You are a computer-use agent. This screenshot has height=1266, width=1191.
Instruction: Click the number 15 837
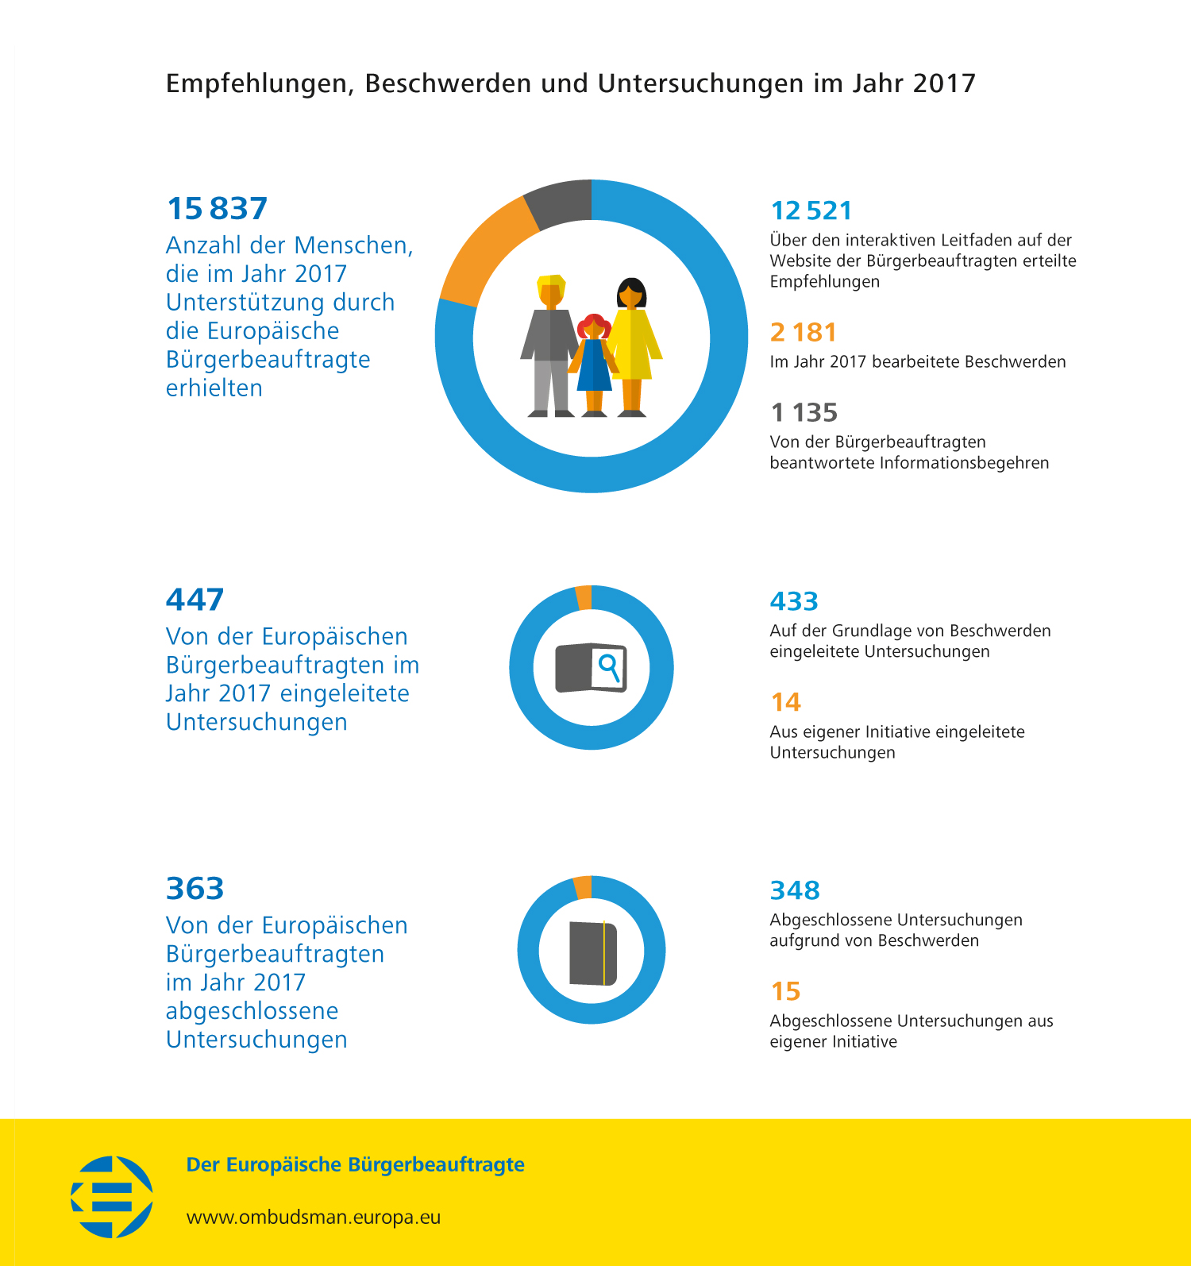(x=217, y=209)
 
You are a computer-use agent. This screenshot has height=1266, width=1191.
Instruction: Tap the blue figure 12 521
(x=811, y=210)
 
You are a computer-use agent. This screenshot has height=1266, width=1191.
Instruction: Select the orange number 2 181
(x=803, y=332)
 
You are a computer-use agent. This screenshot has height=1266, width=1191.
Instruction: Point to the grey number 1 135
(x=804, y=413)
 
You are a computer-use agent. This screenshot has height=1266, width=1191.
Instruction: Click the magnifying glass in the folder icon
(x=609, y=666)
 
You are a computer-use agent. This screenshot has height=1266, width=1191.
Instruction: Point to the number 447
(x=195, y=600)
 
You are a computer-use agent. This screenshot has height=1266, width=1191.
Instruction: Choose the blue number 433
(x=793, y=601)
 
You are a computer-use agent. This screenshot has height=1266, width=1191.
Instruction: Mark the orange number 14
(x=785, y=702)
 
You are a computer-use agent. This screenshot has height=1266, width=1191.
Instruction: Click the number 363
(x=195, y=889)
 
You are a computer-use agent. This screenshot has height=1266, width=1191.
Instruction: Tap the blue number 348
(x=794, y=890)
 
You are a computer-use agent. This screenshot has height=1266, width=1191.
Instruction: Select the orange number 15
(x=785, y=991)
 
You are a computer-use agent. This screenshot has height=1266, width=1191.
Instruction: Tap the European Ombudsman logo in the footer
(x=112, y=1196)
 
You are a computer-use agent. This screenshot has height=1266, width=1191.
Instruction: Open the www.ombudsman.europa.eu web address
(x=313, y=1217)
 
